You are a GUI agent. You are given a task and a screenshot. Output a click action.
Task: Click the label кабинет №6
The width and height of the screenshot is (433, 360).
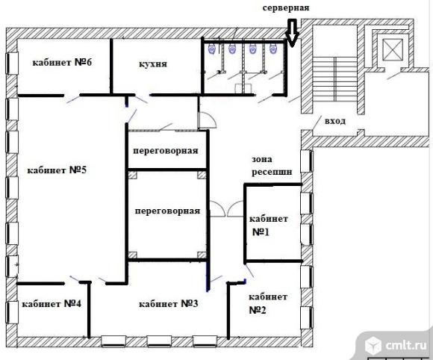[x=62, y=63]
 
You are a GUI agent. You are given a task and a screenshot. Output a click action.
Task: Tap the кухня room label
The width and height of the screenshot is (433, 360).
[x=153, y=64]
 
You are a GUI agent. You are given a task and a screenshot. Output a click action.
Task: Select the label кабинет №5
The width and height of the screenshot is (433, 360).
[x=57, y=170]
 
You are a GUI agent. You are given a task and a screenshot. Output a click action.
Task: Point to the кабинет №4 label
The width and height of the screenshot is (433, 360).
[x=52, y=304]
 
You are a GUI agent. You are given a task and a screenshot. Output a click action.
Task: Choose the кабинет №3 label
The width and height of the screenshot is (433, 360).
[x=169, y=304]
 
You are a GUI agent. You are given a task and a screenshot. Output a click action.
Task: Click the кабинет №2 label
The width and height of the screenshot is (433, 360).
[x=268, y=303]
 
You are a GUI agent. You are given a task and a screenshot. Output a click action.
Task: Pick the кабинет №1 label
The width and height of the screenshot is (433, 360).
[x=269, y=226]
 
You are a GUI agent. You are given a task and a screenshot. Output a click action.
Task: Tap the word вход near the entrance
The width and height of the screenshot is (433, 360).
[x=335, y=121]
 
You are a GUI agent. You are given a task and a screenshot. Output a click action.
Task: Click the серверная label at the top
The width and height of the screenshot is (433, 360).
[x=286, y=7]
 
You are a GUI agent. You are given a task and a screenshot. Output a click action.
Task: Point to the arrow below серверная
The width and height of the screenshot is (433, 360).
[x=292, y=33]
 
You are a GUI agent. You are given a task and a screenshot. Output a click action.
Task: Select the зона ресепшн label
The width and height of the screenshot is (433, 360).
[x=272, y=166]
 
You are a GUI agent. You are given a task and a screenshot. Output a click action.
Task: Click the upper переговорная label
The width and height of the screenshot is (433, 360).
[x=166, y=151]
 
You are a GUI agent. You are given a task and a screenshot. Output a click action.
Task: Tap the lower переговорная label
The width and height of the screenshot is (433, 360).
[x=167, y=211]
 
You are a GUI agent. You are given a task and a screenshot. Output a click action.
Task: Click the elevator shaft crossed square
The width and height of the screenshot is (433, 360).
[x=393, y=49]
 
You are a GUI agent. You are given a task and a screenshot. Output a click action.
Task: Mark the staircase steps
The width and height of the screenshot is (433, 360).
[x=334, y=79]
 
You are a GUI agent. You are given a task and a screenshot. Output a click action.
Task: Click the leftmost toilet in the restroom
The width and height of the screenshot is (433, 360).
[x=212, y=49]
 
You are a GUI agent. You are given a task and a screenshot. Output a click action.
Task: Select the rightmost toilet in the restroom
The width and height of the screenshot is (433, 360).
[x=273, y=49]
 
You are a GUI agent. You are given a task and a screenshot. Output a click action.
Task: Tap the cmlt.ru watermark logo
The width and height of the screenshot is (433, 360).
[x=396, y=345]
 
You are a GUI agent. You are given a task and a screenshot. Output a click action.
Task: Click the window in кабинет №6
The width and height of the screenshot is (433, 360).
[x=12, y=63]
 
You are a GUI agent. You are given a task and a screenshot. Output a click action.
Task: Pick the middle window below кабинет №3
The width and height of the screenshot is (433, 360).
[x=159, y=341]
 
